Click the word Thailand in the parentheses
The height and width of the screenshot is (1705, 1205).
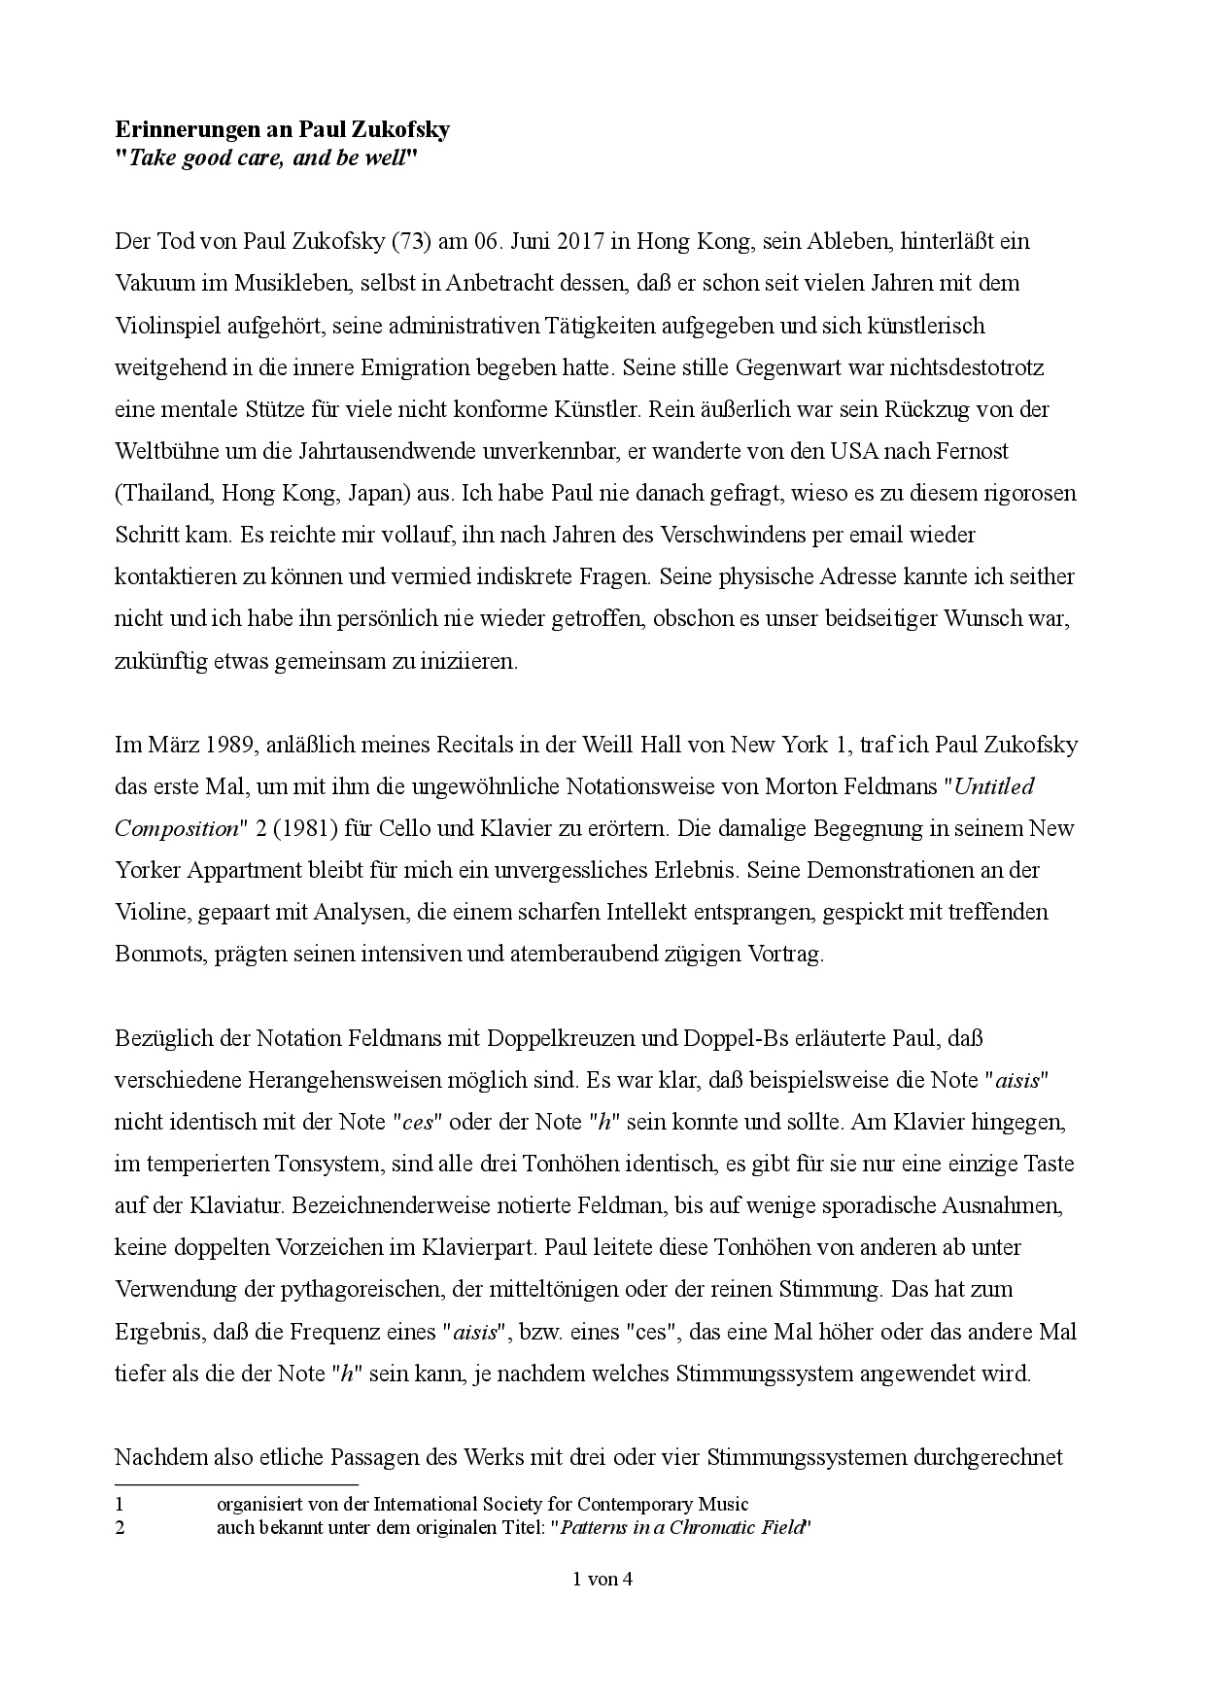165,493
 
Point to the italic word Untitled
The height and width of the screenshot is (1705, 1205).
995,787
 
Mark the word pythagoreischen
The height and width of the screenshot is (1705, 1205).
361,1289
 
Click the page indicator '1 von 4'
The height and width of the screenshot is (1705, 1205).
602,1579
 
